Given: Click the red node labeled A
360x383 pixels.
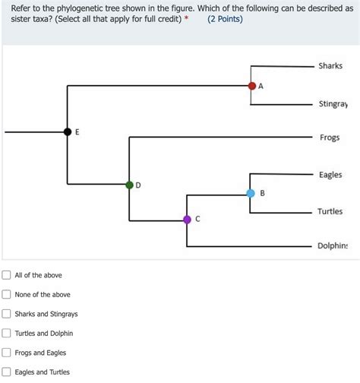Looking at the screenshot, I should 251,86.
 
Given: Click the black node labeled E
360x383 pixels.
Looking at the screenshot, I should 68,132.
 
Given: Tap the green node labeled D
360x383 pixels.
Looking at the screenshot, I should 130,185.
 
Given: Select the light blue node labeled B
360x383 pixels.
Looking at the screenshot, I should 251,194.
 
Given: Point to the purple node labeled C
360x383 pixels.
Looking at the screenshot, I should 187,220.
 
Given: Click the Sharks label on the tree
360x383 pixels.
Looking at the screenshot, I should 330,66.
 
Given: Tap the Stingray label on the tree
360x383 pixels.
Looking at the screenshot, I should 333,103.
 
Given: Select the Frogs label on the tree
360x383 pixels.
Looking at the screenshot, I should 330,138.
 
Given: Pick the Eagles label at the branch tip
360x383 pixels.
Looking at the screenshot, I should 330,175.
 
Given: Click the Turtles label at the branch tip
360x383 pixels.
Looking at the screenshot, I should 330,211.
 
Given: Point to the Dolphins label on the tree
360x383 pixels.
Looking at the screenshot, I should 333,246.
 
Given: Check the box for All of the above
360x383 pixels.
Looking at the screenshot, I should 7,275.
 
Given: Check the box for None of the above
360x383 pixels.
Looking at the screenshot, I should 7,294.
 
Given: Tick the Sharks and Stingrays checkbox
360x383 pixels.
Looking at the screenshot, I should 7,314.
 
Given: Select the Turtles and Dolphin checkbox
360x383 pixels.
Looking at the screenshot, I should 7,333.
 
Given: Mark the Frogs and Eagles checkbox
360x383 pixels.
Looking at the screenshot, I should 7,353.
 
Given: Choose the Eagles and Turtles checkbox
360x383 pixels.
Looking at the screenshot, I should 7,372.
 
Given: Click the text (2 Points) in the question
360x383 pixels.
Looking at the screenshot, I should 225,19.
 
